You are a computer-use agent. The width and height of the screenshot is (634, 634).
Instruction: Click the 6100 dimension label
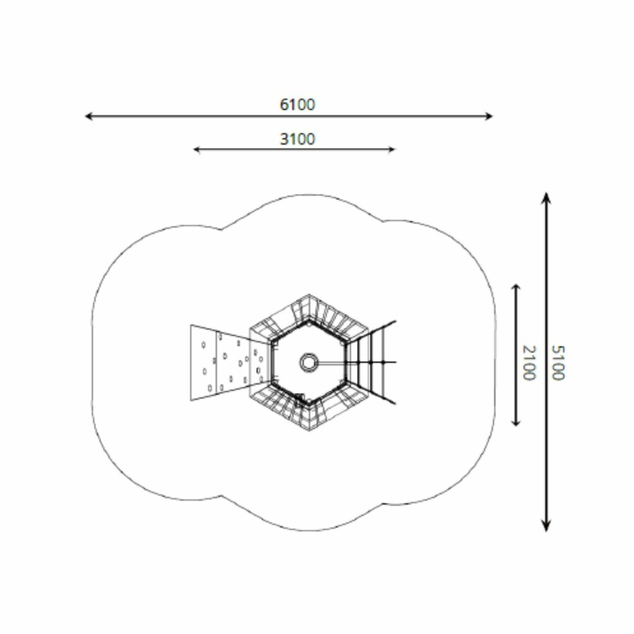click(x=297, y=105)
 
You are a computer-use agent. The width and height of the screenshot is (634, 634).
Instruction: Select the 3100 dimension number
click(x=297, y=139)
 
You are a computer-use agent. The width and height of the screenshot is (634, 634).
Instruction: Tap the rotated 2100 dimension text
click(x=529, y=363)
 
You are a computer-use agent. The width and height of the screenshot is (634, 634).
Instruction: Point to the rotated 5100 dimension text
click(x=558, y=363)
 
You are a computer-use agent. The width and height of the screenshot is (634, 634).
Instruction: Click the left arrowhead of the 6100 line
click(x=89, y=116)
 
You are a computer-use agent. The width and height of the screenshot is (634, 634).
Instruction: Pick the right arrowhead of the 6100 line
click(x=489, y=116)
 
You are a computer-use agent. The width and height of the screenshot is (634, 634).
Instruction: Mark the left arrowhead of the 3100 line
click(x=197, y=149)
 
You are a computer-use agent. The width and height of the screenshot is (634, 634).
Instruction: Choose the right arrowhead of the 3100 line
click(x=392, y=149)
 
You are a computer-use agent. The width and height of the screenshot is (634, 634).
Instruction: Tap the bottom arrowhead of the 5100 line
click(x=546, y=526)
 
